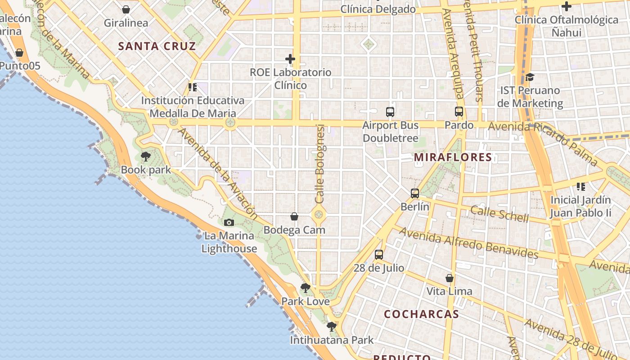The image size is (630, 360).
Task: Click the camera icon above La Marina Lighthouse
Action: coord(229,222)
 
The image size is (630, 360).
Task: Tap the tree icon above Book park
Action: coord(145,157)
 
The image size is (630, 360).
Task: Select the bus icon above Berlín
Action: coord(415,193)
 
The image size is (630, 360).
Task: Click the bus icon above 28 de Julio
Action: coord(379,255)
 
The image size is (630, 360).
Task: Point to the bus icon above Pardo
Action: coord(459,112)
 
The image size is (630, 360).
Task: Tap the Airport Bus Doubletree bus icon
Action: coord(390,112)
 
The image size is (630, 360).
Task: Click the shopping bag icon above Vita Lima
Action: coord(449,278)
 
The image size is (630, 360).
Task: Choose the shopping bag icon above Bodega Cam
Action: coord(294,217)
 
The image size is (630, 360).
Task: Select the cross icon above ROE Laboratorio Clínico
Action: coord(290,59)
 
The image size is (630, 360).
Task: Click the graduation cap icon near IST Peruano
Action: coord(530,77)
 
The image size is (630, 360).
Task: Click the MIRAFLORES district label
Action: coord(453,157)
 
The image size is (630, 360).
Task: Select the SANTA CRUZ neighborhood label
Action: coord(157,46)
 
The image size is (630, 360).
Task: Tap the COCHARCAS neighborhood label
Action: coord(421,314)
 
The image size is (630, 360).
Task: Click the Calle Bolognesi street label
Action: coord(320,164)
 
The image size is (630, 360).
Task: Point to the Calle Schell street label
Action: coord(499,214)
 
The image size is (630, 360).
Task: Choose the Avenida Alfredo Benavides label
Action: coord(468,243)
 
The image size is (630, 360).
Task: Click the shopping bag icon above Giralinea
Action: coord(126,9)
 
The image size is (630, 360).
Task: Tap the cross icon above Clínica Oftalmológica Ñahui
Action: coord(567,7)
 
